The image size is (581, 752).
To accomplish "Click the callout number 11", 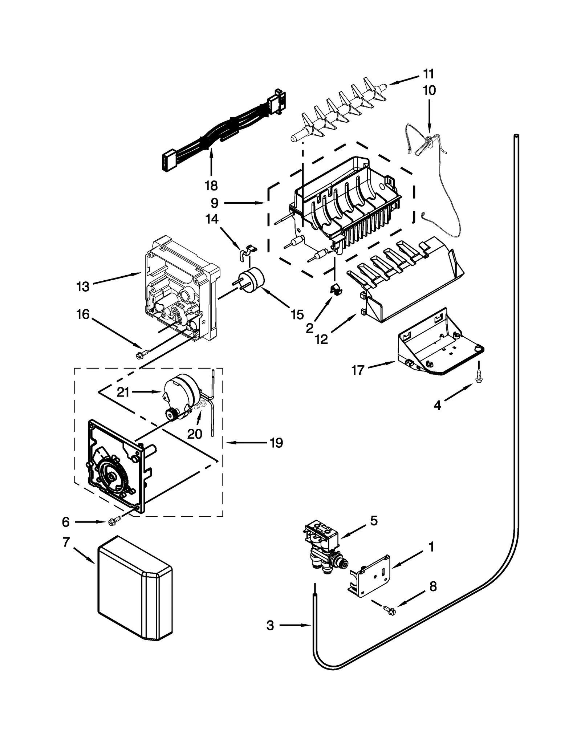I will pyautogui.click(x=428, y=74).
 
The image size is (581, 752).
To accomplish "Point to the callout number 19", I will pyautogui.click(x=276, y=443).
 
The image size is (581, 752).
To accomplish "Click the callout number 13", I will pyautogui.click(x=83, y=287).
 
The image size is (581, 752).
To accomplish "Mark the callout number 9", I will pyautogui.click(x=214, y=203).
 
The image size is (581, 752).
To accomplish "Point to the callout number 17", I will pyautogui.click(x=358, y=370).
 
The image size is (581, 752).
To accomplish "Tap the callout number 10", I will pyautogui.click(x=429, y=90).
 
